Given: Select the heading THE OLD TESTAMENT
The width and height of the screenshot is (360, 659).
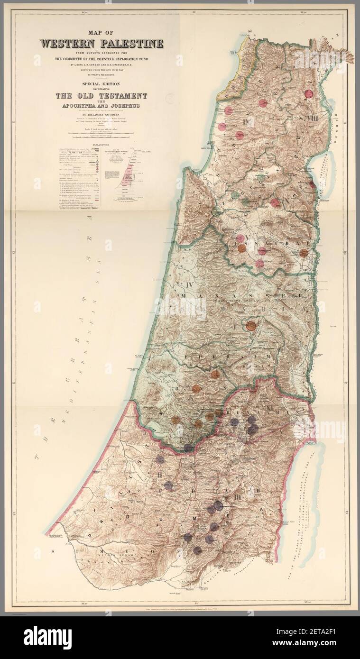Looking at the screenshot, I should coord(102,96).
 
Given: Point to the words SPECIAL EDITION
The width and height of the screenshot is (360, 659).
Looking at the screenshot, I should coord(102,82).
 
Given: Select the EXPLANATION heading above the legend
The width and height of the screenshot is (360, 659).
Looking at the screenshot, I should coord(102,143).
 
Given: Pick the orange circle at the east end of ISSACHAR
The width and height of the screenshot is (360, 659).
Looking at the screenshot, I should coord(304,253).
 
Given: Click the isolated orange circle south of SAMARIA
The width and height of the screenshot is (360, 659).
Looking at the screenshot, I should coord(251,325).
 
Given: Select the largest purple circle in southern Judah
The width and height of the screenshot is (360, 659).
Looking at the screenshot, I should coord(218,505).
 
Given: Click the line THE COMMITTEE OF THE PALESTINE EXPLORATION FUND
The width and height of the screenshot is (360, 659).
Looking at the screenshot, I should coord(102,58).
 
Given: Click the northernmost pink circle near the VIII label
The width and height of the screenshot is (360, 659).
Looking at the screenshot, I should coord(310,95).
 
